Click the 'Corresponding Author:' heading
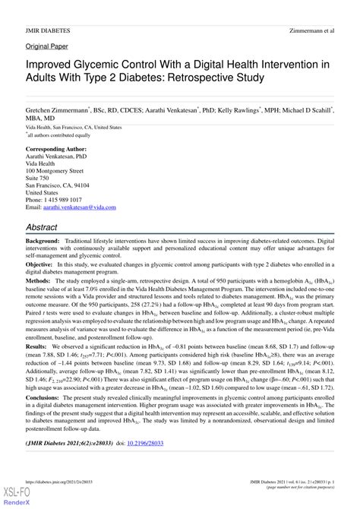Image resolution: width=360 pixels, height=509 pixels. coord(58,149)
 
